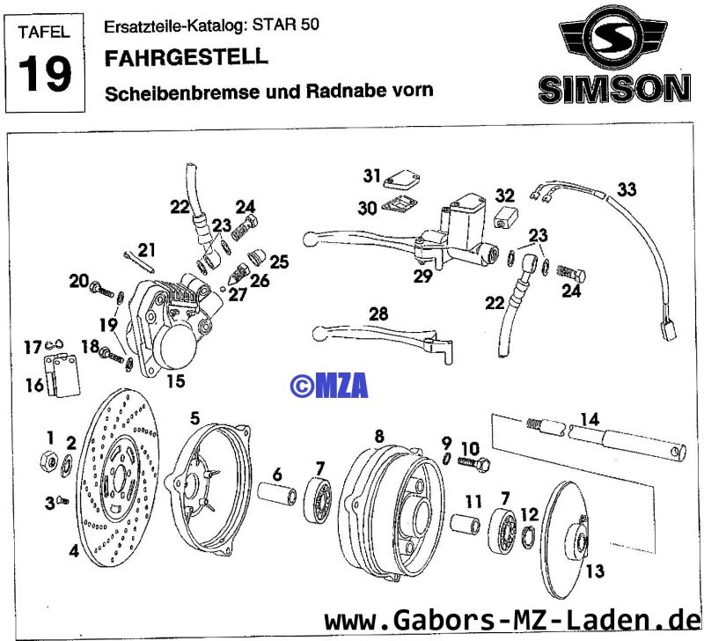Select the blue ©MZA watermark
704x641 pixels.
329,384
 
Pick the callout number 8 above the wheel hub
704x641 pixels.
379,435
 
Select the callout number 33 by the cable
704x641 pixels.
626,189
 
